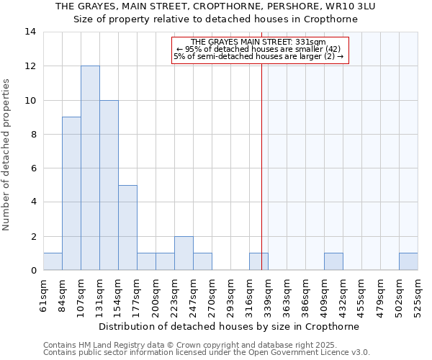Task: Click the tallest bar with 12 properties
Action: click(x=90, y=168)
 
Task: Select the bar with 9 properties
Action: click(x=71, y=194)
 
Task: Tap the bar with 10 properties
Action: click(x=109, y=185)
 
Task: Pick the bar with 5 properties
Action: click(x=127, y=228)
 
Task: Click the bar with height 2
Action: click(x=184, y=253)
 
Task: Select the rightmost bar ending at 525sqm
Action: click(x=408, y=262)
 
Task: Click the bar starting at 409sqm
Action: click(x=333, y=262)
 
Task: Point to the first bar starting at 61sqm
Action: click(x=53, y=262)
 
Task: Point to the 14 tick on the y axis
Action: click(x=30, y=32)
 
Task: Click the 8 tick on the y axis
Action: click(x=33, y=134)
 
